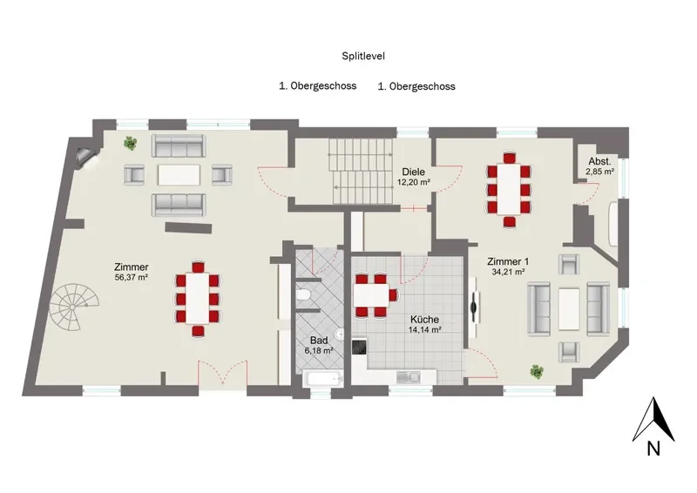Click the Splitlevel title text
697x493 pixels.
(x=363, y=56)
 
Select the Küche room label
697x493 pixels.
(x=424, y=319)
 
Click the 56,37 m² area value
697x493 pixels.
(x=132, y=278)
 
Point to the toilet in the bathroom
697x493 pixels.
(x=304, y=295)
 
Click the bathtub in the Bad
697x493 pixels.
(x=323, y=380)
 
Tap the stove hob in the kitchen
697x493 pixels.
(x=359, y=347)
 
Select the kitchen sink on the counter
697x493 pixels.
(x=409, y=378)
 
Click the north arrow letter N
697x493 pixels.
(x=653, y=449)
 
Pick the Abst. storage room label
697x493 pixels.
(x=599, y=161)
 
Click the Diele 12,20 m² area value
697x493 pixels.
(x=413, y=182)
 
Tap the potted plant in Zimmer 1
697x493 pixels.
(x=537, y=372)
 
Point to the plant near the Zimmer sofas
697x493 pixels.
(x=130, y=143)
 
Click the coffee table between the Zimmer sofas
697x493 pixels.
(x=179, y=175)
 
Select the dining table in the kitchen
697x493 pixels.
(x=371, y=294)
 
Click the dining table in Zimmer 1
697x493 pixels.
(x=509, y=188)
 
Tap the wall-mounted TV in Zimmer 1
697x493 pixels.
(x=475, y=307)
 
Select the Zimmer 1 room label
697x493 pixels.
(x=508, y=261)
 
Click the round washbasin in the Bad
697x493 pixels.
(x=339, y=334)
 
